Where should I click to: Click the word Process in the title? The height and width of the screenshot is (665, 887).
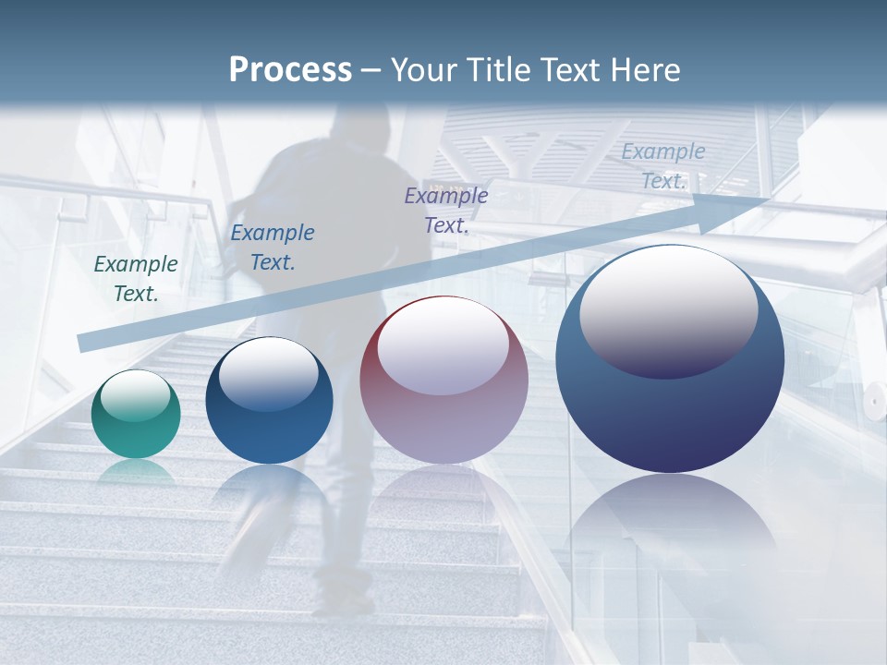pyautogui.click(x=290, y=70)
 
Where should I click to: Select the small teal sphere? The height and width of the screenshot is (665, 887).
pyautogui.click(x=136, y=414)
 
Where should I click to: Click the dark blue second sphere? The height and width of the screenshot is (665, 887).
pyautogui.click(x=269, y=401)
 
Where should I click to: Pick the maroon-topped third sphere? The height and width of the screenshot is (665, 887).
pyautogui.click(x=443, y=381)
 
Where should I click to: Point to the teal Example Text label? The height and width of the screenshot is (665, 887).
pyautogui.click(x=136, y=279)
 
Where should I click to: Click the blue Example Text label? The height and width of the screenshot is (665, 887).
pyautogui.click(x=273, y=248)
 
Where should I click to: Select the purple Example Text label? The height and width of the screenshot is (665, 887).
pyautogui.click(x=446, y=210)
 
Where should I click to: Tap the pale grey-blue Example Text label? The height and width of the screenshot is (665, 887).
pyautogui.click(x=663, y=166)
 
